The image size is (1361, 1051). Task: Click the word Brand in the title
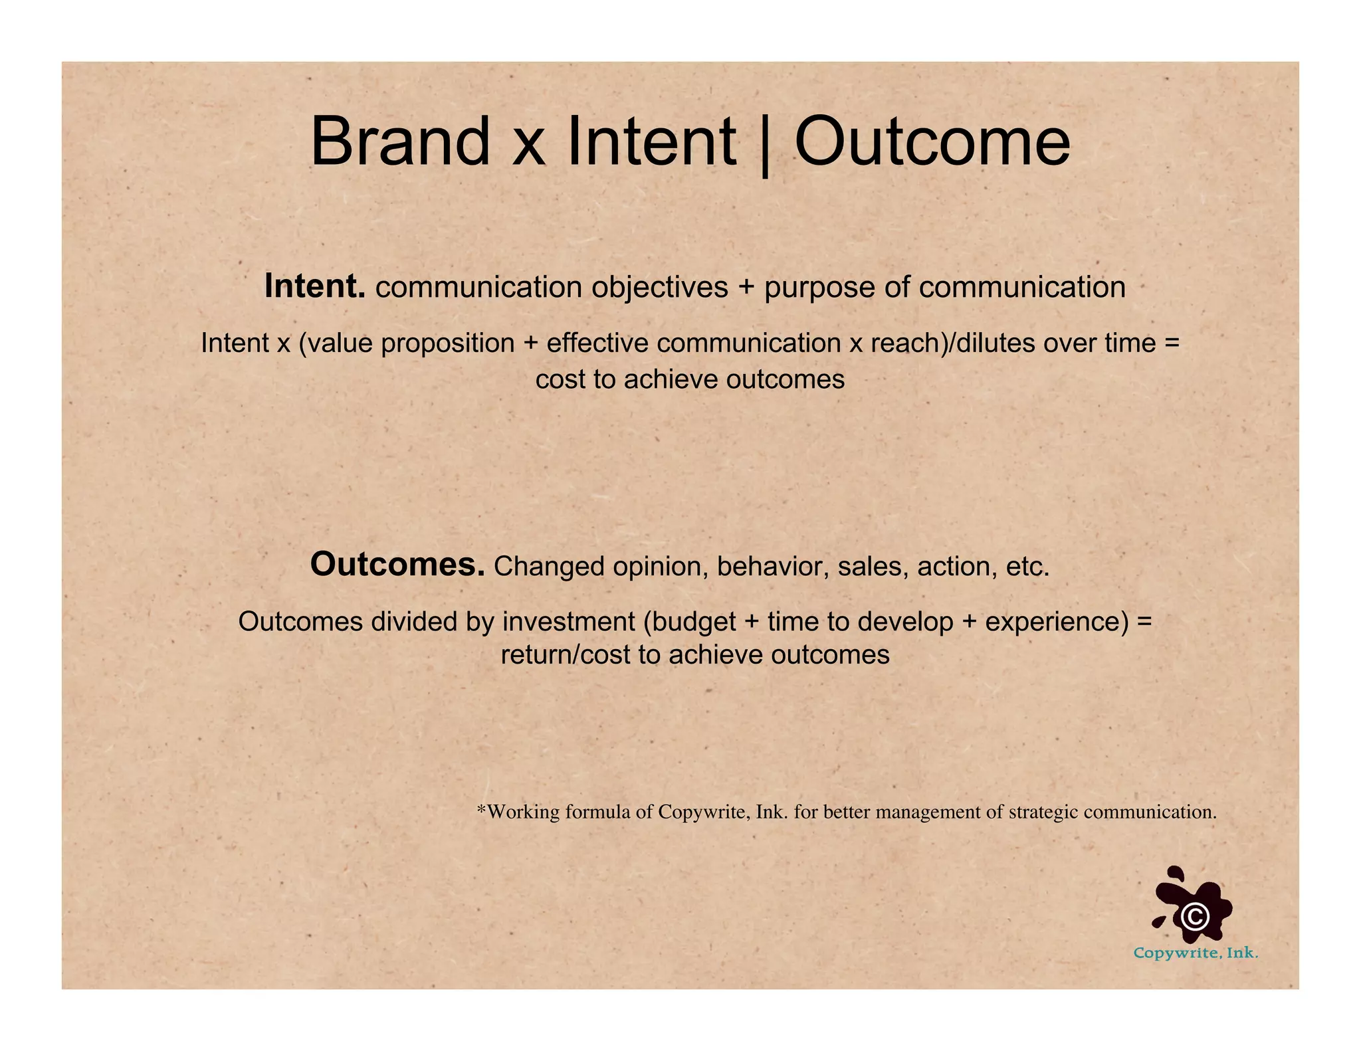(399, 142)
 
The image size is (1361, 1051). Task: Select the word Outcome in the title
(932, 142)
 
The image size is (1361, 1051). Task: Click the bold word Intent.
(315, 287)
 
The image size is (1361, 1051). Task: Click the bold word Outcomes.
(397, 565)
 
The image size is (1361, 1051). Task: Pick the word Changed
(549, 567)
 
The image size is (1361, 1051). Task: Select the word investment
(569, 622)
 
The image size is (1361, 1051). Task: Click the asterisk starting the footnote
(482, 810)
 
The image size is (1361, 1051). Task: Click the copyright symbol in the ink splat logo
(1195, 917)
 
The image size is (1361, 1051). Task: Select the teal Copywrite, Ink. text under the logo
(1196, 953)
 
